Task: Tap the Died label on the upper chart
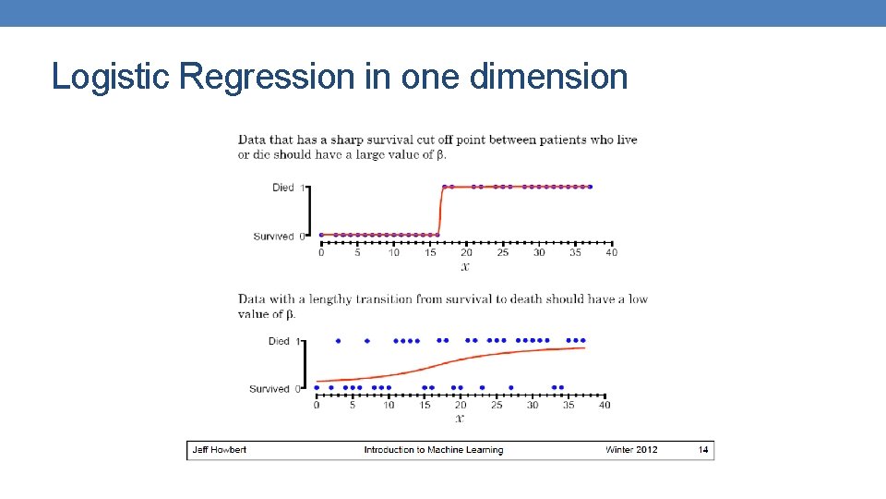click(282, 188)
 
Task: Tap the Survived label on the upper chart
click(273, 237)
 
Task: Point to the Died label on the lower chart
click(279, 341)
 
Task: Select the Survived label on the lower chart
click(269, 389)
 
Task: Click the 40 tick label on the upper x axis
click(611, 252)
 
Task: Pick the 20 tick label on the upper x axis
click(466, 252)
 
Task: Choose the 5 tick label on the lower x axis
click(353, 405)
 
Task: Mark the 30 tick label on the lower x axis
click(533, 405)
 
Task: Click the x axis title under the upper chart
click(465, 267)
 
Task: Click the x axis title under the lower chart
click(460, 419)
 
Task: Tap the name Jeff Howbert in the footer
click(219, 450)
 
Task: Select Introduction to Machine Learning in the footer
click(433, 450)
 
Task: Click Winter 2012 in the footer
click(631, 450)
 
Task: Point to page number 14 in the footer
click(703, 450)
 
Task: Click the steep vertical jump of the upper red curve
click(439, 211)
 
